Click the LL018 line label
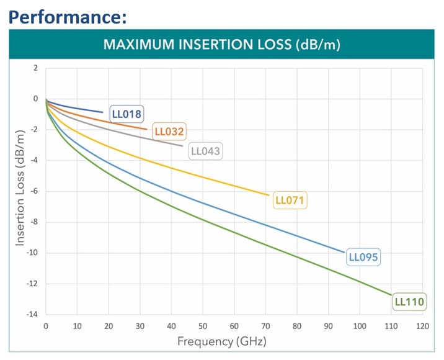coord(127,114)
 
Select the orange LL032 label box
coord(170,132)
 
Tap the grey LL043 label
coord(205,151)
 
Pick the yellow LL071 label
coord(290,200)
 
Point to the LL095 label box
coord(363,257)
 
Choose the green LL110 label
coord(409,302)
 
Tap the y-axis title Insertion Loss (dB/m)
coord(20,188)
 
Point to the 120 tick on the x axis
coord(423,326)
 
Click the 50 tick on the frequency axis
coord(203,326)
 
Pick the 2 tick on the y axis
coord(35,68)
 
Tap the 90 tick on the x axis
coord(329,326)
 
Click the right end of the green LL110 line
coord(393,295)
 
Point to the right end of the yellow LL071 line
coord(269,195)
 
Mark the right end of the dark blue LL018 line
coord(103,112)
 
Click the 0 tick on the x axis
coord(45,326)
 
